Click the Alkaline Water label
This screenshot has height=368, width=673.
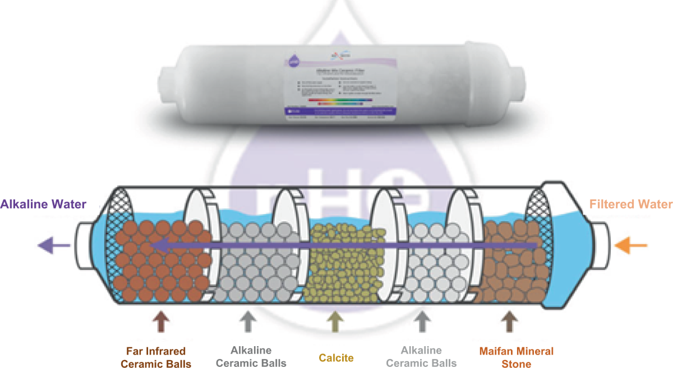click(43, 204)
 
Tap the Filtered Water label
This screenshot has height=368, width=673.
click(630, 204)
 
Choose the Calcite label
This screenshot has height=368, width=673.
click(336, 357)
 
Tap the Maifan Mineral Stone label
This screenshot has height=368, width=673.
click(509, 357)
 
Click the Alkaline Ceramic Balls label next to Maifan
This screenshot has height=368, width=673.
click(421, 357)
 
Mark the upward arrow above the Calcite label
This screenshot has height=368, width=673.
click(336, 323)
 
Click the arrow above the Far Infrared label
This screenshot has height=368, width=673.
click(162, 323)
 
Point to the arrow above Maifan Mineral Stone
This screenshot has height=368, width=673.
click(509, 323)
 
